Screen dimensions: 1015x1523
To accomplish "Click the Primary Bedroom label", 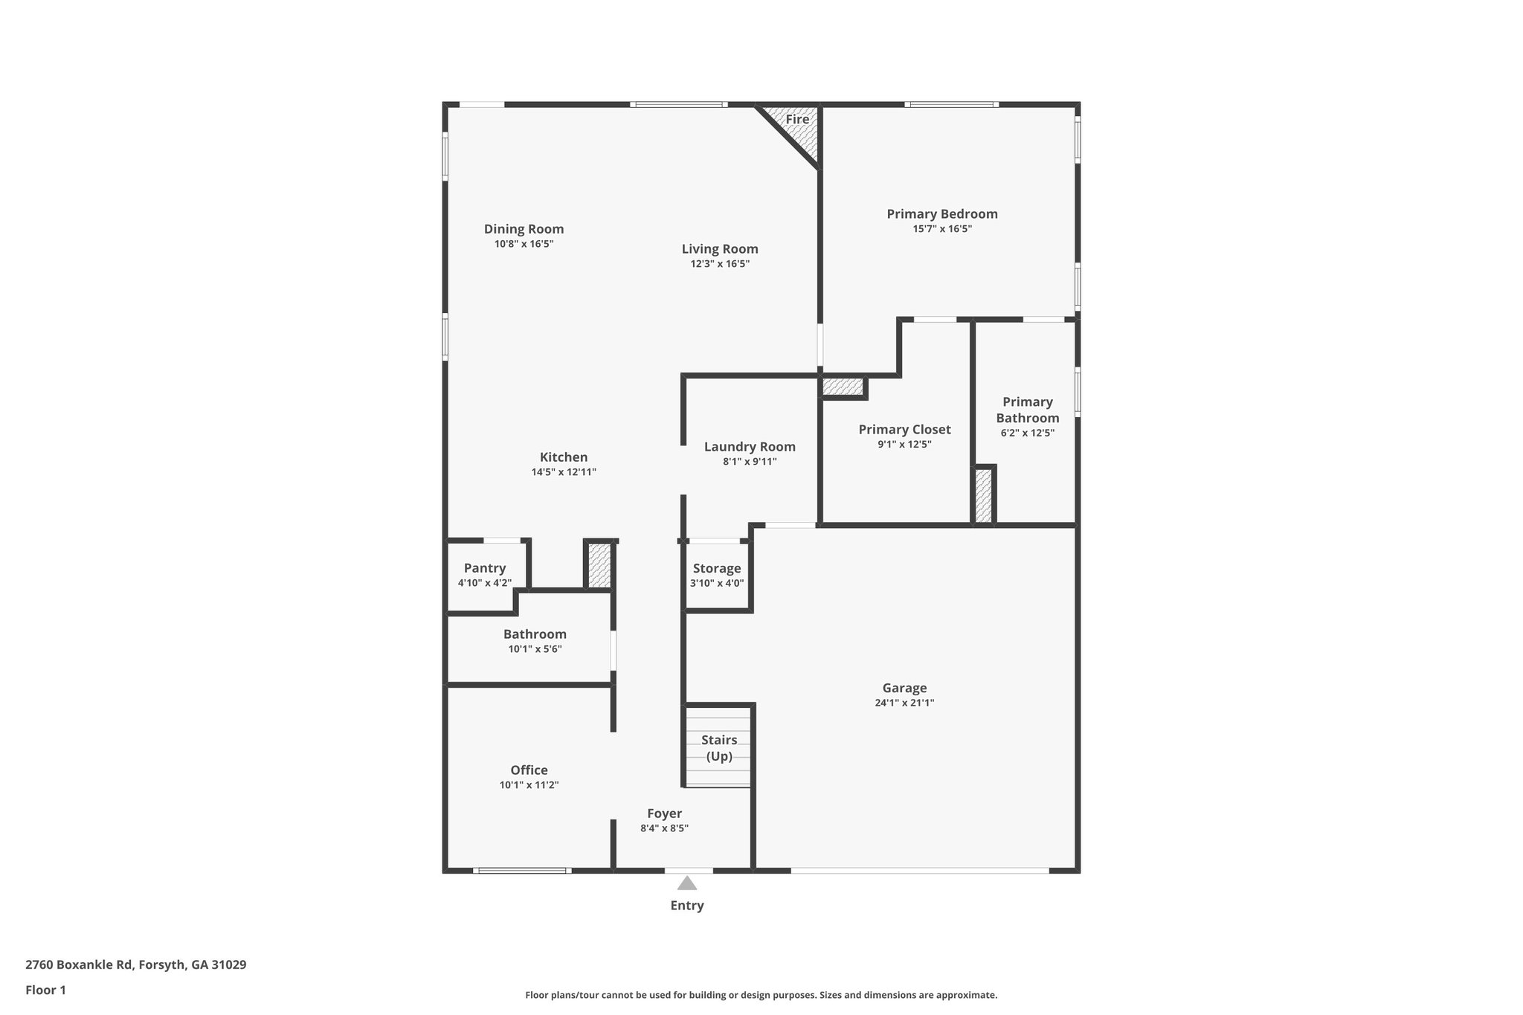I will [x=941, y=214].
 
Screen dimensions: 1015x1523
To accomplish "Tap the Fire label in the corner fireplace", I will [x=797, y=120].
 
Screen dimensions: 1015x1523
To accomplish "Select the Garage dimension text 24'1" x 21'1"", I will [x=904, y=703].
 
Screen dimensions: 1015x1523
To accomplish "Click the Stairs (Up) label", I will [x=719, y=748].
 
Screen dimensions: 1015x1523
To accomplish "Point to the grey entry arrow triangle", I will [x=687, y=883].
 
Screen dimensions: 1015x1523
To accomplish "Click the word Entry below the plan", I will [x=687, y=906].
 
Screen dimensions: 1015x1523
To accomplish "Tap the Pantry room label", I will [x=485, y=568].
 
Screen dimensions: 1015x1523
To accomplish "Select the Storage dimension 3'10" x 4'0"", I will [x=717, y=584].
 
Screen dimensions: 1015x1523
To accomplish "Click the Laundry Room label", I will [x=750, y=447].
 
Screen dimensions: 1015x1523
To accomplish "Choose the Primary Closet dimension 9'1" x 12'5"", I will [x=904, y=445].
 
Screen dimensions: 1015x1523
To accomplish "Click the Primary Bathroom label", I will [x=1027, y=410].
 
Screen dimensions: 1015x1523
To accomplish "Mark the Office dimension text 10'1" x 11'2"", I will [x=529, y=785].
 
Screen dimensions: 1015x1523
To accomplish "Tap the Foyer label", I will [x=664, y=813].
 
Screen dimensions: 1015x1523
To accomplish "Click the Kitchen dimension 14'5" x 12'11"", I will [x=564, y=472].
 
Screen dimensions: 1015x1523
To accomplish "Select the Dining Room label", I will [x=524, y=229].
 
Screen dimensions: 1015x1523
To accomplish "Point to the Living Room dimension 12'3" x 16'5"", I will [x=720, y=264].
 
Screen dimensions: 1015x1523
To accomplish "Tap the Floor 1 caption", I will [x=45, y=990].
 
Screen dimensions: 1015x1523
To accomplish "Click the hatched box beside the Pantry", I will [x=599, y=566].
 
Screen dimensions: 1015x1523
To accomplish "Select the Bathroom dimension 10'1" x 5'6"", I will [x=535, y=649].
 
